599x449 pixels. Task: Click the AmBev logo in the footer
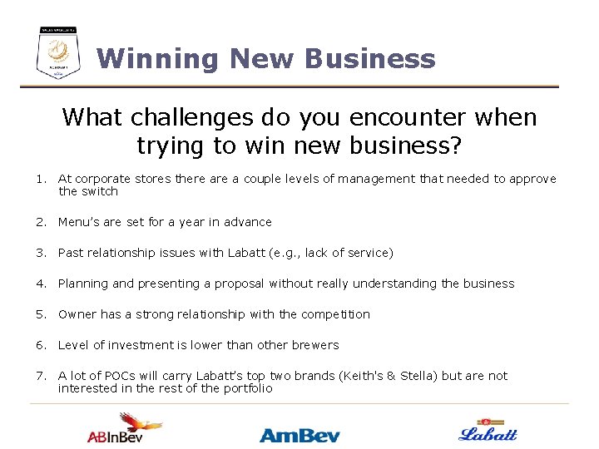pos(299,434)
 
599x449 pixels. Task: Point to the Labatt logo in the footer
pos(488,430)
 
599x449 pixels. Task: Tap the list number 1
pos(39,179)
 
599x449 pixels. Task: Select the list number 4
pos(39,284)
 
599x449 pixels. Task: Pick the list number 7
pos(39,376)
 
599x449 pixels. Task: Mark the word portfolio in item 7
pos(247,388)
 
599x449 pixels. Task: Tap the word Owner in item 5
pos(77,314)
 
